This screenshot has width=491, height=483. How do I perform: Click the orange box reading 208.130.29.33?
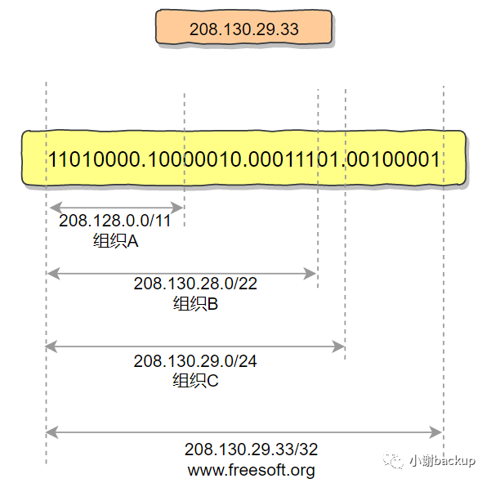pyautogui.click(x=243, y=29)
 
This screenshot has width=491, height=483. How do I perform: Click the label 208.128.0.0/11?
pyautogui.click(x=115, y=221)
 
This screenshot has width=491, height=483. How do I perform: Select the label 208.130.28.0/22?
pyautogui.click(x=195, y=284)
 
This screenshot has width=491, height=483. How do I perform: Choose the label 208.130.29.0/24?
pyautogui.click(x=195, y=360)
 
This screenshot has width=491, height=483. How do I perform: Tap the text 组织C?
pyautogui.click(x=195, y=380)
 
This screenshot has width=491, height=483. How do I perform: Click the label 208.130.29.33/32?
pyautogui.click(x=251, y=449)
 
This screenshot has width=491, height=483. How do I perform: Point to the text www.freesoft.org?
pyautogui.click(x=251, y=470)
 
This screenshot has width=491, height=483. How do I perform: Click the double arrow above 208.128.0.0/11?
pyautogui.click(x=115, y=207)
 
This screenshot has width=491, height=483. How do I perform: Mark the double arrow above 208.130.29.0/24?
pyautogui.click(x=195, y=347)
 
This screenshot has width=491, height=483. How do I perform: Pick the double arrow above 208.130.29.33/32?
pyautogui.click(x=244, y=432)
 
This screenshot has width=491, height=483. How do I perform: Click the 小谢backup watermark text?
pyautogui.click(x=442, y=461)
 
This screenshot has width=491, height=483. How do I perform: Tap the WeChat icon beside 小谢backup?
pyautogui.click(x=397, y=461)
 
